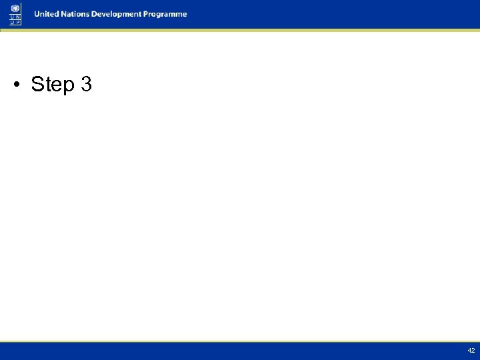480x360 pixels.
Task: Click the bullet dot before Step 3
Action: pos(18,85)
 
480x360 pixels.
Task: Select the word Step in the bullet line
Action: pos(53,85)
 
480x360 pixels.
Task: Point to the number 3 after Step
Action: pos(85,85)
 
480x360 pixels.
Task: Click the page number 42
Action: pos(471,351)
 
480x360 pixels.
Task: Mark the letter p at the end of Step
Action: pos(69,87)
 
